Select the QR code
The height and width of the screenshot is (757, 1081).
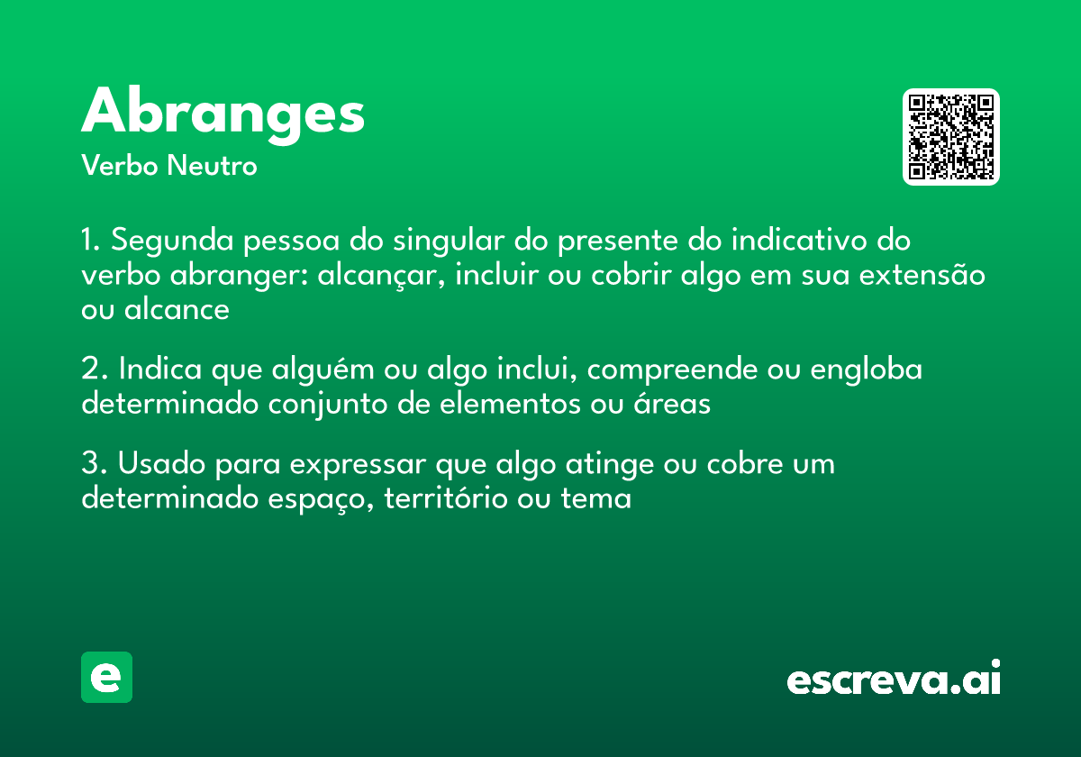click(951, 137)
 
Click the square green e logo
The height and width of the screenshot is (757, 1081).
click(106, 677)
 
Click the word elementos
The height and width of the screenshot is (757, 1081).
click(508, 404)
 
